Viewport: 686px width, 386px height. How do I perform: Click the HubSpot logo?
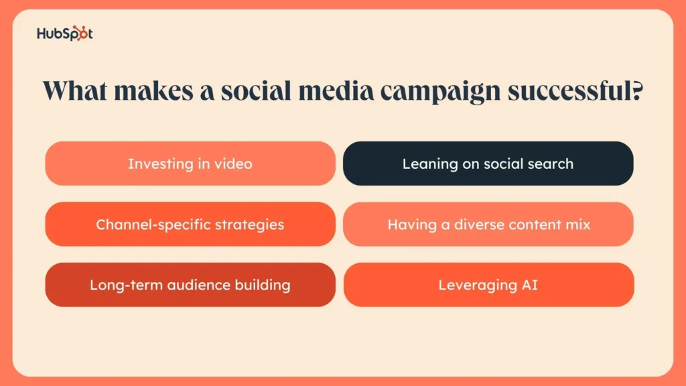65,34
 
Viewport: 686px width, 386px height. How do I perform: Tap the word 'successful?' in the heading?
575,91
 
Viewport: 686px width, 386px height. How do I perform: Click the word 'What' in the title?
75,90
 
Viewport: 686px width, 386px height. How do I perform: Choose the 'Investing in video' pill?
190,164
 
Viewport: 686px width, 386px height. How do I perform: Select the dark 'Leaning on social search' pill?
488,164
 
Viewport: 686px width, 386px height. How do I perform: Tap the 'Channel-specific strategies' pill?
190,224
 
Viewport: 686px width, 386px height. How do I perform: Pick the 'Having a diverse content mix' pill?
488,224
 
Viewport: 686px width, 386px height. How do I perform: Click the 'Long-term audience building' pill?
190,284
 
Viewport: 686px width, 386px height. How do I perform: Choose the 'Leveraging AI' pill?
488,284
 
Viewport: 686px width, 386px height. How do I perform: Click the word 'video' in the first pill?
233,164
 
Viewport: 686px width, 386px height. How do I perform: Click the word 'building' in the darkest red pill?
263,285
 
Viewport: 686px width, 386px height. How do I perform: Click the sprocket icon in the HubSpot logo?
80,34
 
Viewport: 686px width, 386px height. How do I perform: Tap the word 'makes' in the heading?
153,90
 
